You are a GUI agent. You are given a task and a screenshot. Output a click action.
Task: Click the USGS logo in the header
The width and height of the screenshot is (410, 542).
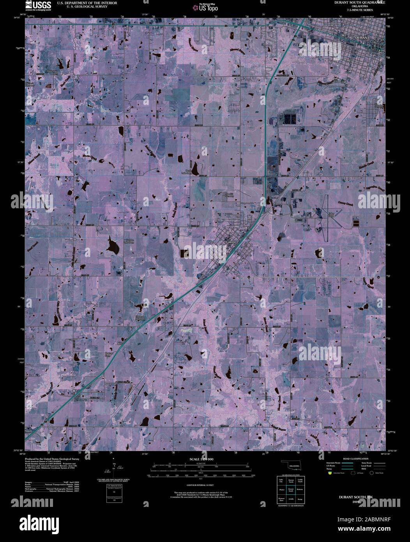[38, 5]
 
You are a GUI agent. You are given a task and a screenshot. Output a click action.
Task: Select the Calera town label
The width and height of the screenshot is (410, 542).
[232, 242]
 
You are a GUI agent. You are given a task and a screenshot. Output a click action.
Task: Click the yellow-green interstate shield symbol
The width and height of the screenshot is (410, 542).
[330, 473]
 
